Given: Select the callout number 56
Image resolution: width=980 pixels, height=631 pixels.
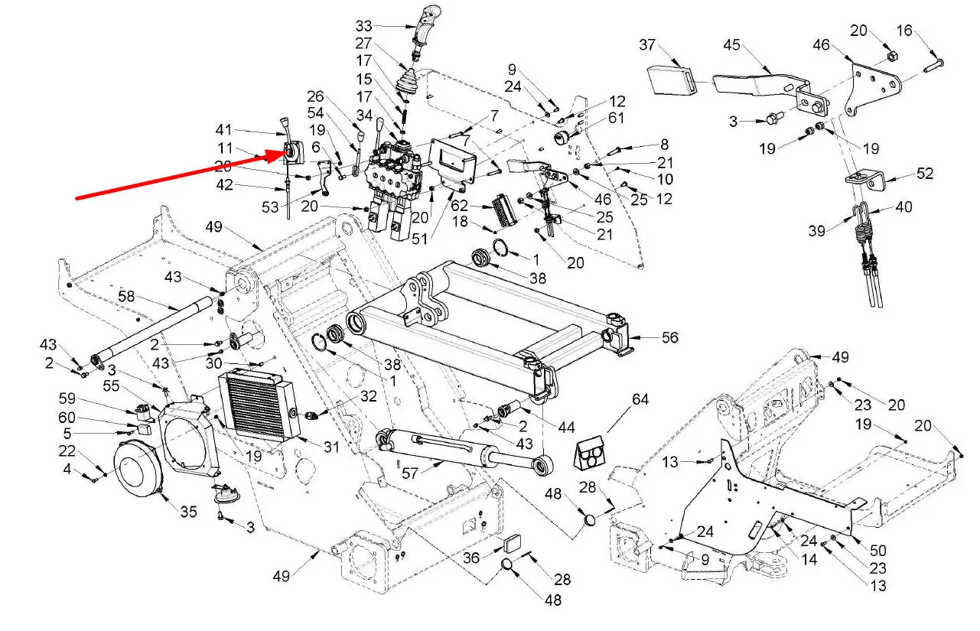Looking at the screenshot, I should [x=669, y=337].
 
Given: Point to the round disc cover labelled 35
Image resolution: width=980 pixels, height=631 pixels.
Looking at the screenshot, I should [x=141, y=468].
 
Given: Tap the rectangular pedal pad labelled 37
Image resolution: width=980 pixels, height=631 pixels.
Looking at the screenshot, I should [x=671, y=79].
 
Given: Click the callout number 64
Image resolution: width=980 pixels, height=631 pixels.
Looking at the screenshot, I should [x=640, y=399].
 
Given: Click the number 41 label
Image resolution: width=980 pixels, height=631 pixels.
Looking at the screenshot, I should [x=223, y=129].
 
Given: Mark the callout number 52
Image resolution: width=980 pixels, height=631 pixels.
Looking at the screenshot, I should [x=925, y=174].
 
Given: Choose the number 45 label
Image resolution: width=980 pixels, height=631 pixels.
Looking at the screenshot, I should [x=732, y=45].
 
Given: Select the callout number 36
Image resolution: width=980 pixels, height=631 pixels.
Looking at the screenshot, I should [x=471, y=558].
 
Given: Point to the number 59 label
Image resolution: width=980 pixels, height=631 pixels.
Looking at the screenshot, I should [x=68, y=398].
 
